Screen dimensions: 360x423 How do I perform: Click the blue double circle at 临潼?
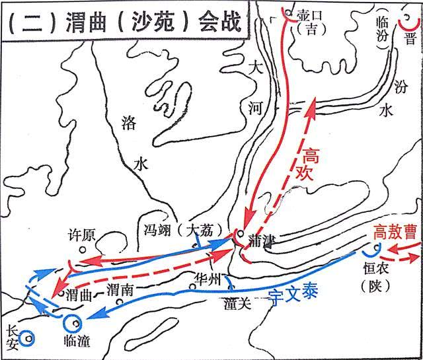tap(73, 324)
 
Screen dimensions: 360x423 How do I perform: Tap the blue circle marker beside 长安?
tap(25, 340)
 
